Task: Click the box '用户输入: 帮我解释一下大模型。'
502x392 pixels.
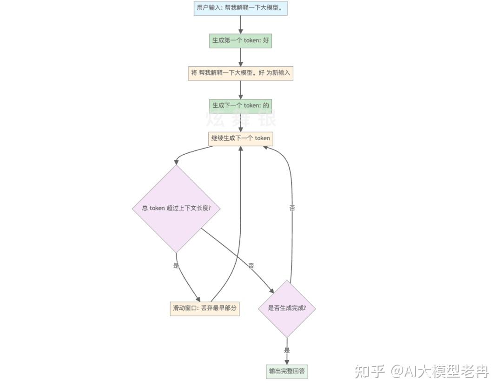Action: pos(240,8)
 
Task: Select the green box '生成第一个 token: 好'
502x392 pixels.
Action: pos(240,40)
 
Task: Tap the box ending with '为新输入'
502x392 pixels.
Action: pos(240,73)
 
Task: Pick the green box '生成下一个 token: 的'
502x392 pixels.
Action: pos(240,105)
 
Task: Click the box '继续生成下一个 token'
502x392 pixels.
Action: pos(240,138)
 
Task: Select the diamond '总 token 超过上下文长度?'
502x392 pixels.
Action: pos(176,208)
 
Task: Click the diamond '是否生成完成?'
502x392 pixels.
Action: pos(287,308)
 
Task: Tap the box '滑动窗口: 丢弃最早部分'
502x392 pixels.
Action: pos(205,308)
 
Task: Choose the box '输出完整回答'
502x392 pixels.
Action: pos(287,371)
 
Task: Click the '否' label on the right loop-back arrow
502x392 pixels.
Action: pos(292,208)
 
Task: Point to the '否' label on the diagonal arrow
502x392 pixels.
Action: pos(251,266)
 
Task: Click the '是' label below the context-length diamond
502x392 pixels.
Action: pos(176,266)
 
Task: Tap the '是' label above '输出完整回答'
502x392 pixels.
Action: pos(287,350)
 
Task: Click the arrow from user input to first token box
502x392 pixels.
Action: pos(240,24)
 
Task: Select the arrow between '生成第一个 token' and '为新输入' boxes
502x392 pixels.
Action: pos(240,57)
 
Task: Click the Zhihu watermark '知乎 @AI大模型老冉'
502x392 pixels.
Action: pos(422,371)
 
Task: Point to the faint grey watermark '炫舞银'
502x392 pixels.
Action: pos(240,119)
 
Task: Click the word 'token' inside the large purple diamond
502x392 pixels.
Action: pos(157,208)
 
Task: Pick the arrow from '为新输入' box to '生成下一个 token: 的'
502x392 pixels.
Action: pos(240,89)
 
